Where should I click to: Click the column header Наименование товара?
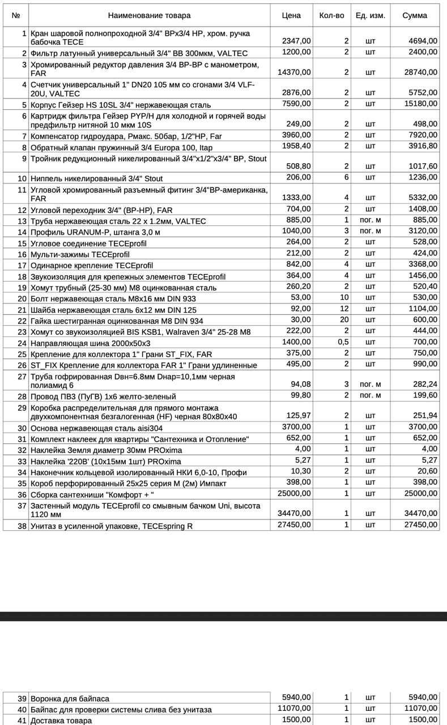tap(149, 15)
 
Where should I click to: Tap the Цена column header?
tap(291, 15)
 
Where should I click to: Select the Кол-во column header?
tap(331, 15)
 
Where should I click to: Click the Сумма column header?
tap(415, 15)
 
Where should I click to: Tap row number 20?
tap(22, 298)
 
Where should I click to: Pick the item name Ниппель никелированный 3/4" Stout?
tap(96, 178)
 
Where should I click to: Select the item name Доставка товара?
tap(61, 720)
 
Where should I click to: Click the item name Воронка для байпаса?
tap(70, 698)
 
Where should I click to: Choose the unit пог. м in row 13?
tap(370, 220)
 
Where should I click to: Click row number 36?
tap(22, 494)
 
